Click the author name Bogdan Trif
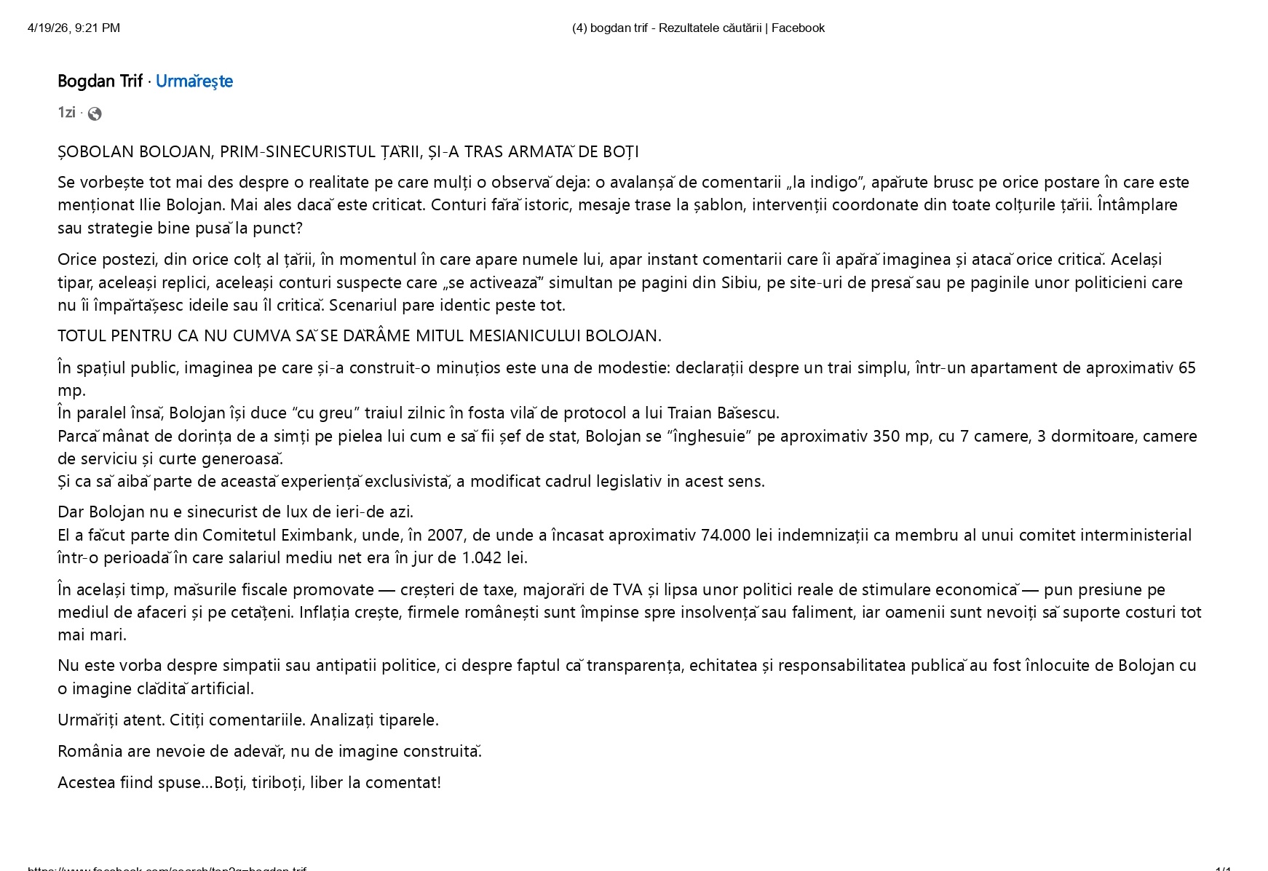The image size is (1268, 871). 100,81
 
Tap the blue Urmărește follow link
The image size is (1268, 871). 194,81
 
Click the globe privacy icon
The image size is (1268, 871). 95,114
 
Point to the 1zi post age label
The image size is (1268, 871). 66,112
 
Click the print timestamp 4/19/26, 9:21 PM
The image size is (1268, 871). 74,28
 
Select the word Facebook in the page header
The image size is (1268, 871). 798,28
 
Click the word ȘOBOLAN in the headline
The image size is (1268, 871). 95,151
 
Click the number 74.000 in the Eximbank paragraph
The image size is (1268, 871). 725,535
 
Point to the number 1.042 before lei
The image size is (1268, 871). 481,557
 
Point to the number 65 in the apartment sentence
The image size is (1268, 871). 1186,367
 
